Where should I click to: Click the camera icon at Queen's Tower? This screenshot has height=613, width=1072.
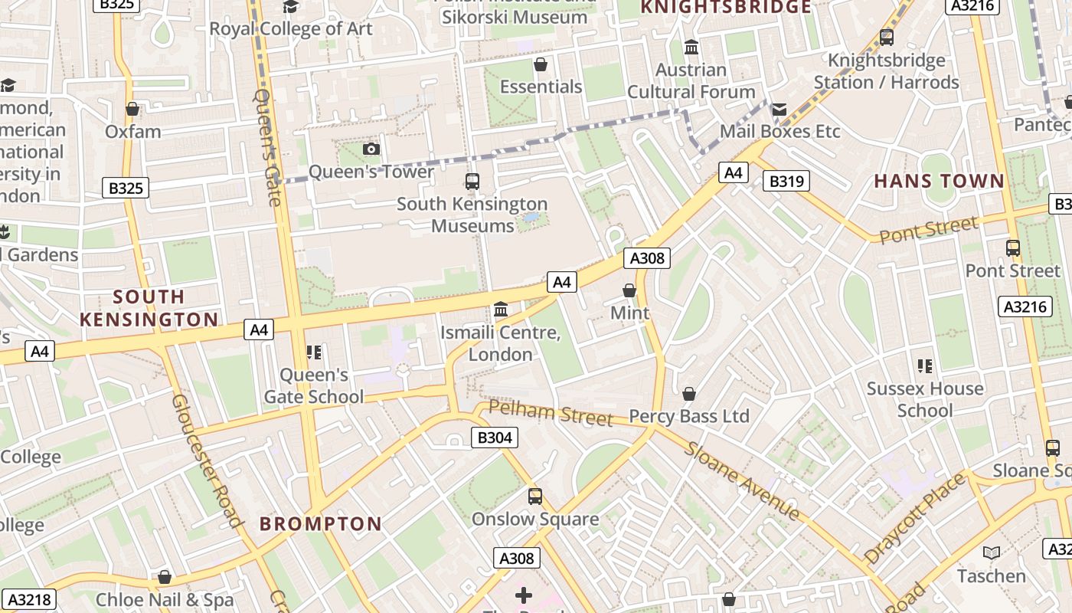371,149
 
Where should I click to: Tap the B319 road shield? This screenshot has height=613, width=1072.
786,181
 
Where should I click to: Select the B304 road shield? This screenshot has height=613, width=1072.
493,438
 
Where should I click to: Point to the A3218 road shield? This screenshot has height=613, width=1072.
30,598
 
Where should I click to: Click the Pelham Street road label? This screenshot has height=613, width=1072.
551,413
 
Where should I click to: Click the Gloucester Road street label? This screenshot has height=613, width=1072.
206,461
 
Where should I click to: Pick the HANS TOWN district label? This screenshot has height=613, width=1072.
939,181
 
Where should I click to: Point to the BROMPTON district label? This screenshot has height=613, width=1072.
320,524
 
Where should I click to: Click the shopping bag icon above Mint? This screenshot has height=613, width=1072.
629,290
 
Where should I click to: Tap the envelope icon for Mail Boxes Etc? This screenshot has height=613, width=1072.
779,110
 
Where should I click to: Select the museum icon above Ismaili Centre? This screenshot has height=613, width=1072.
501,310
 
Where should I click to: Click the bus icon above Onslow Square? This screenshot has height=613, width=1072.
535,496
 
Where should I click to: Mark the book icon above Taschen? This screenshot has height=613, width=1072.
991,552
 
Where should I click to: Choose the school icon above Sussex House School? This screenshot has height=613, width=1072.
924,366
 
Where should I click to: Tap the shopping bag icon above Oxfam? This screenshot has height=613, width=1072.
132,109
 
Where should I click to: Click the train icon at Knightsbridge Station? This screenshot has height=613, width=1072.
886,37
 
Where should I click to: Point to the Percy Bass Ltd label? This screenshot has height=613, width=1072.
688,416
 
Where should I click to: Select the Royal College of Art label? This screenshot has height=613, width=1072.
291,29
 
